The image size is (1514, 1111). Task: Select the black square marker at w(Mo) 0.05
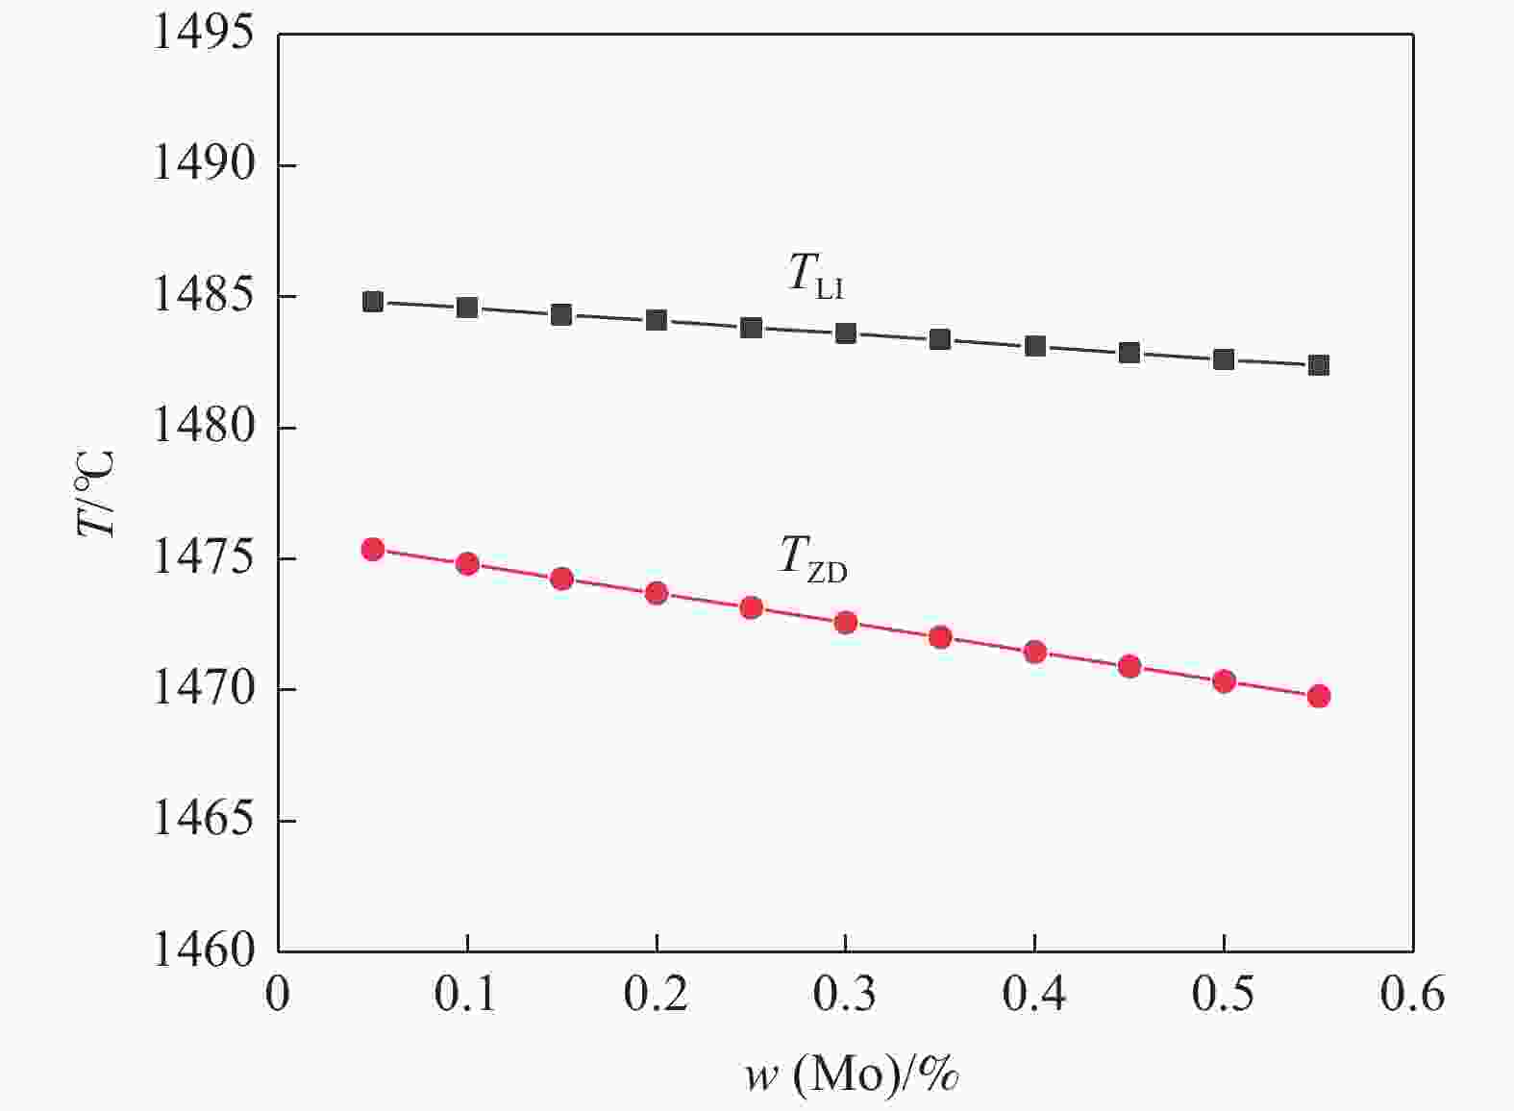[373, 302]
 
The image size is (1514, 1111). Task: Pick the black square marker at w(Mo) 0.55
[1319, 365]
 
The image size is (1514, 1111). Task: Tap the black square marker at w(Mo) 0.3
[846, 333]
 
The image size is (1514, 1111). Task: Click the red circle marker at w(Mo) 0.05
[373, 549]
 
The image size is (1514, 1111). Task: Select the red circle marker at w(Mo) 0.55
[1319, 696]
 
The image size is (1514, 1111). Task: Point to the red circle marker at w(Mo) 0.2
[657, 593]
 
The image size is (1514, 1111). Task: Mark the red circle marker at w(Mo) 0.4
[1035, 652]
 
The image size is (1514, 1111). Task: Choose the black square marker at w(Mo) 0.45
[1129, 353]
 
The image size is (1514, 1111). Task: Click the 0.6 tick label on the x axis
[1412, 995]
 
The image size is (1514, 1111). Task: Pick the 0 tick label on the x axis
[278, 995]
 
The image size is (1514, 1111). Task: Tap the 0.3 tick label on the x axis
[845, 995]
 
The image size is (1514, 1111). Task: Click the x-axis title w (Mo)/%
[852, 1075]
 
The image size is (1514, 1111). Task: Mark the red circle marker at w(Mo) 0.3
[846, 623]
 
